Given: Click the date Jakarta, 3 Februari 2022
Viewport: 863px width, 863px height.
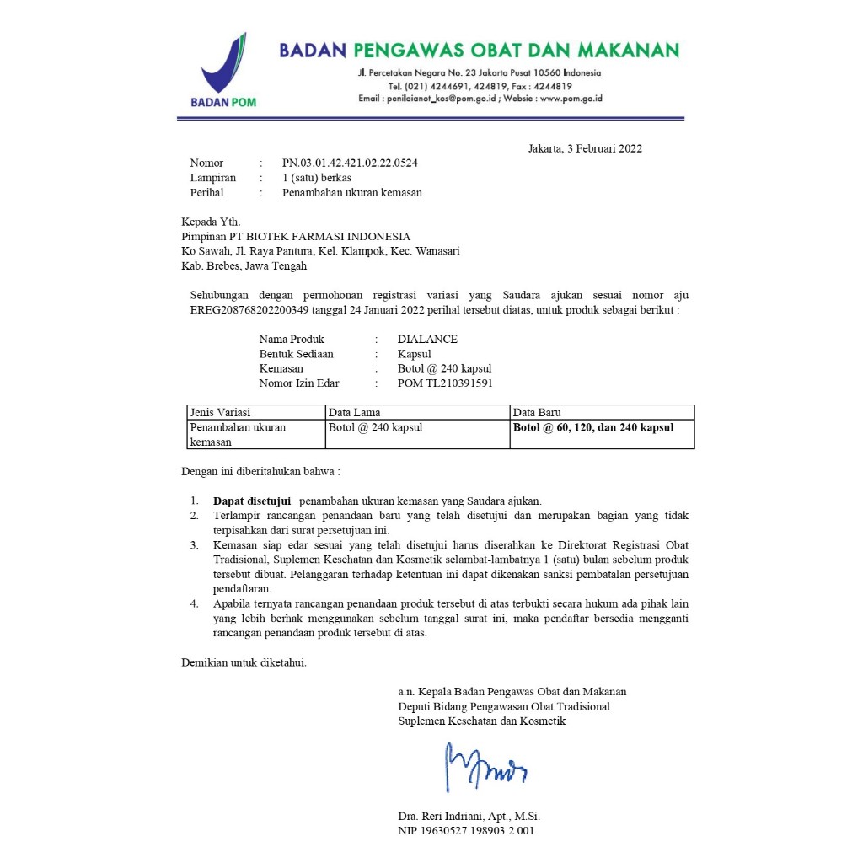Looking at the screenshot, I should pos(585,149).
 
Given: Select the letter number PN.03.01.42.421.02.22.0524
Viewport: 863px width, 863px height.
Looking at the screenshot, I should pos(350,163).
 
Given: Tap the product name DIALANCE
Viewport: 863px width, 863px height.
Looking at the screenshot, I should pos(427,340).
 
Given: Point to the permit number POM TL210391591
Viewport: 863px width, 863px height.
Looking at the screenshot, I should pos(445,383).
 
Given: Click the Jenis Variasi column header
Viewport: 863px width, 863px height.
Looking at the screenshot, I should pos(220,413).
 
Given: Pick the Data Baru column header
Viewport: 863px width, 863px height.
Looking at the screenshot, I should pos(538,413).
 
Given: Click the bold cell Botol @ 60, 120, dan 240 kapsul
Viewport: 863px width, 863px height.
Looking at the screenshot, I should pos(593,427).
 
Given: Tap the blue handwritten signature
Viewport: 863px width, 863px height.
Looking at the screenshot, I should pos(485,764).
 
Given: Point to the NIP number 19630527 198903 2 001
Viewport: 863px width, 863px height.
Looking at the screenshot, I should pos(466,831).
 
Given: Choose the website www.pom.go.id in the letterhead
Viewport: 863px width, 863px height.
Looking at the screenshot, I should pos(571,99).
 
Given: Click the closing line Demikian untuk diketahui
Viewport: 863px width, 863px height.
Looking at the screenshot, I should pos(244,662).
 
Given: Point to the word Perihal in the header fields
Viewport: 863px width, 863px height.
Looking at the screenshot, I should pos(206,193).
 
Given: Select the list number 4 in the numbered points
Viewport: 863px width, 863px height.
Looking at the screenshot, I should pos(194,603).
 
